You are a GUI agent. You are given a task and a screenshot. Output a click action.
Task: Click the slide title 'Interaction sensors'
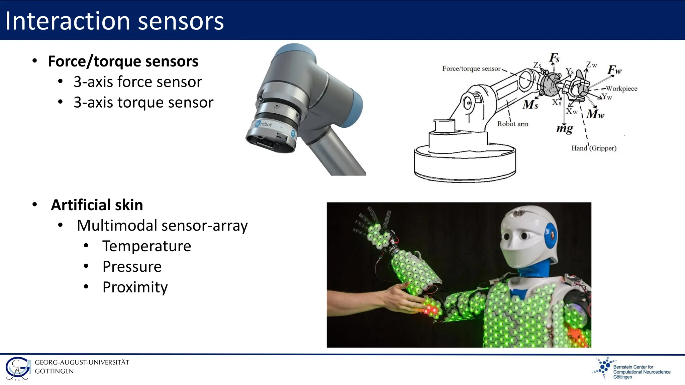(114, 21)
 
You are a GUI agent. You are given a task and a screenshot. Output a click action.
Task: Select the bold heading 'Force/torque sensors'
(123, 61)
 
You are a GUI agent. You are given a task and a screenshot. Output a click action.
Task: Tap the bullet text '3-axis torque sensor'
(143, 102)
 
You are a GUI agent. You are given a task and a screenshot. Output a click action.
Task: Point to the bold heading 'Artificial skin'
(97, 205)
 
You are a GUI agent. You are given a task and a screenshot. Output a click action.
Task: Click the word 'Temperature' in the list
(146, 246)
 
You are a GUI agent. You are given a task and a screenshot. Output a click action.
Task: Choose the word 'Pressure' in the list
(132, 267)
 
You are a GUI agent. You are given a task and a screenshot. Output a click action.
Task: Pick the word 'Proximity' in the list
(135, 287)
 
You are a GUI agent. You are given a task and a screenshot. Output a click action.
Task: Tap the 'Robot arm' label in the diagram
(512, 124)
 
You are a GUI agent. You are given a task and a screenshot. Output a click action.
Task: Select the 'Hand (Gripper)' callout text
(594, 148)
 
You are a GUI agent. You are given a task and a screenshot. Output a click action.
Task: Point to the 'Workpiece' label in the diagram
(621, 89)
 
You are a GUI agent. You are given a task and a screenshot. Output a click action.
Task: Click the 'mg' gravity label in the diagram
(565, 129)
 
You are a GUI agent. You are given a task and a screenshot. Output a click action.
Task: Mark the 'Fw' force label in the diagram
(614, 70)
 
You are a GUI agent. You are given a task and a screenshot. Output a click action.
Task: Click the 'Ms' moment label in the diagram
(530, 105)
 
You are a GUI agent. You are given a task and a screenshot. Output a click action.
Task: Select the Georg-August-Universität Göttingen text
(82, 367)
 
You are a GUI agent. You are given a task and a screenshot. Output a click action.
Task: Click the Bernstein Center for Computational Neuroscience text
(641, 372)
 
